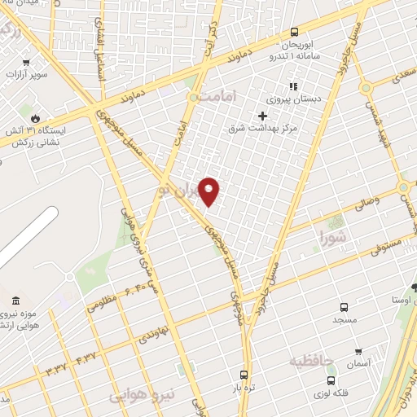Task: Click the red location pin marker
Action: pyautogui.click(x=209, y=191)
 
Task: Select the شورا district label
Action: pyautogui.click(x=334, y=239)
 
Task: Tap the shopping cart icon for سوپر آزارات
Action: pyautogui.click(x=26, y=63)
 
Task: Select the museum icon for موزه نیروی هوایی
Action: pyautogui.click(x=17, y=301)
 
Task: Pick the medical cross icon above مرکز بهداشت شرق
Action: pyautogui.click(x=262, y=116)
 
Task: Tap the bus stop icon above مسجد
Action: pyautogui.click(x=344, y=307)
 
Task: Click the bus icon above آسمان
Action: pyautogui.click(x=359, y=353)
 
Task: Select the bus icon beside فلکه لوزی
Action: pyautogui.click(x=330, y=380)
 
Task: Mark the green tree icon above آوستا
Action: pyautogui.click(x=414, y=287)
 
